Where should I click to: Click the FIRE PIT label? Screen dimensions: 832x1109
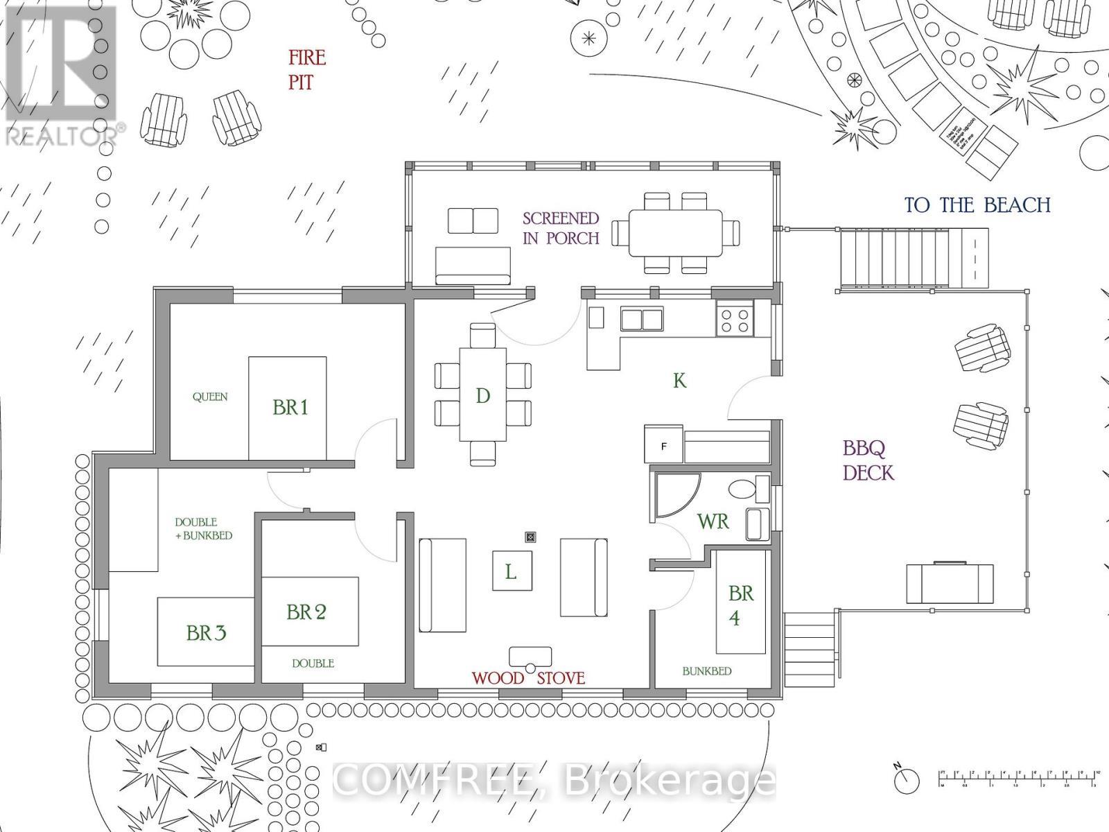306,69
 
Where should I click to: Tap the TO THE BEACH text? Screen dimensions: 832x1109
977,205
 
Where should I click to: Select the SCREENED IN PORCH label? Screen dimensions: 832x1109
561,228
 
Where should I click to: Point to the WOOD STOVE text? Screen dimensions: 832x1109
529,678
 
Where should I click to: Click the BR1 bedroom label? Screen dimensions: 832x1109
290,407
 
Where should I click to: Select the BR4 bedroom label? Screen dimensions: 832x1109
740,605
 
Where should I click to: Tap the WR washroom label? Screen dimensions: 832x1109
713,521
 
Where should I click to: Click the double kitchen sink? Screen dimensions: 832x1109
641,320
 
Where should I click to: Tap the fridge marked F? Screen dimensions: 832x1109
663,446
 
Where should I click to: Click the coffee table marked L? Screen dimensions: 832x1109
512,571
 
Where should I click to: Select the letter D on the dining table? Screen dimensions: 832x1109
483,396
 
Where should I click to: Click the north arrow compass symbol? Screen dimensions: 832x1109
905,780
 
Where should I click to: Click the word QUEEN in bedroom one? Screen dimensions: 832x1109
209,397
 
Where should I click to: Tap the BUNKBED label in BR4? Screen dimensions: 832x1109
706,671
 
